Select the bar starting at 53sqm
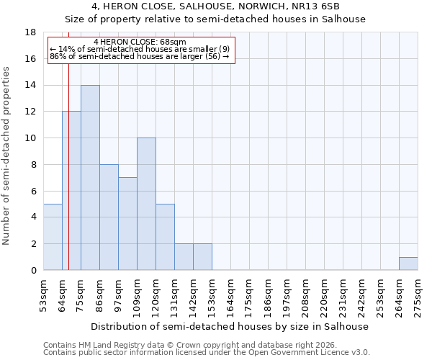pyautogui.click(x=53, y=237)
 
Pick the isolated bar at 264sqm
pyautogui.click(x=408, y=264)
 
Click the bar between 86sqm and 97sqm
pyautogui.click(x=109, y=217)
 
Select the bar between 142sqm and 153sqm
pyautogui.click(x=202, y=256)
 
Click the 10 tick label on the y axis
pyautogui.click(x=31, y=138)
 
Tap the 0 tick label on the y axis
pyautogui.click(x=33, y=270)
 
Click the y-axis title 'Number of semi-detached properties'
pyautogui.click(x=7, y=156)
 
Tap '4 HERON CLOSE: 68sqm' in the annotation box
pyautogui.click(x=140, y=42)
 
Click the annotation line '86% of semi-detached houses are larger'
pyautogui.click(x=140, y=56)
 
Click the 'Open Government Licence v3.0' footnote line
pyautogui.click(x=207, y=353)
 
